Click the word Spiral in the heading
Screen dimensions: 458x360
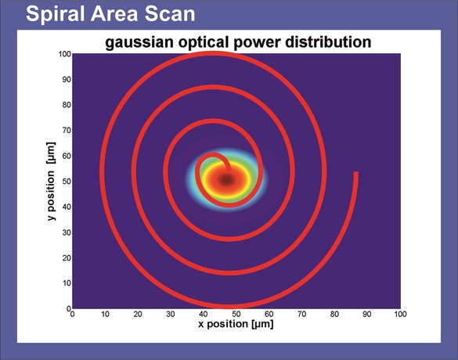pyautogui.click(x=53, y=14)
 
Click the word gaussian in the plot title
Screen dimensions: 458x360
pyautogui.click(x=139, y=42)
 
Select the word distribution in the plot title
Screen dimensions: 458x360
pyautogui.click(x=328, y=41)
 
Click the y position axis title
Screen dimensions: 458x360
pyautogui.click(x=51, y=182)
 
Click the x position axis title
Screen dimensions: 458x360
pyautogui.click(x=236, y=324)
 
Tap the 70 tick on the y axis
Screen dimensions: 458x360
pyautogui.click(x=67, y=130)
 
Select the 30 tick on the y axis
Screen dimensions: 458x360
pyautogui.click(x=67, y=232)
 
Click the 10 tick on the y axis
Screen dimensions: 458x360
pyautogui.click(x=67, y=283)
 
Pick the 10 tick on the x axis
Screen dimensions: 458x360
pyautogui.click(x=105, y=314)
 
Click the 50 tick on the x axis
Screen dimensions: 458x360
pyautogui.click(x=236, y=314)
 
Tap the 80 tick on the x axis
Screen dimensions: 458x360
pyautogui.click(x=334, y=314)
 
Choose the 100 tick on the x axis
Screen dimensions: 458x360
pyautogui.click(x=400, y=314)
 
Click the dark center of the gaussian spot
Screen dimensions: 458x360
pyautogui.click(x=227, y=179)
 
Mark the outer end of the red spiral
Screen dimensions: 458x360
pyautogui.click(x=356, y=172)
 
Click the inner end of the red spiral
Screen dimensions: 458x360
pyautogui.click(x=229, y=170)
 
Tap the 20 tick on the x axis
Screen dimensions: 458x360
pyautogui.click(x=138, y=314)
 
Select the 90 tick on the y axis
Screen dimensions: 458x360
pyautogui.click(x=67, y=79)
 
